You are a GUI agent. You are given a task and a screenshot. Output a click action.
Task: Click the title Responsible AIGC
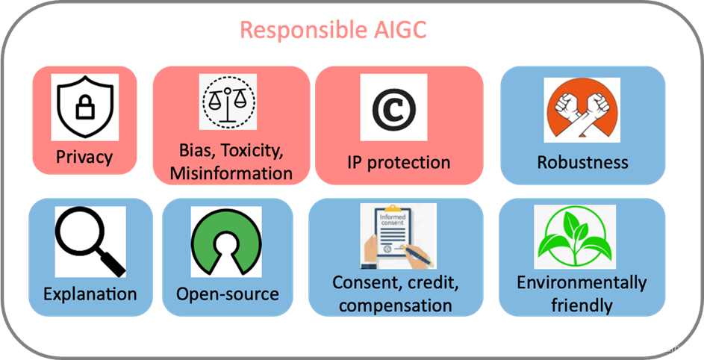333,31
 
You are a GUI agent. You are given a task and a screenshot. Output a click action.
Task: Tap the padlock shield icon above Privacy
84,108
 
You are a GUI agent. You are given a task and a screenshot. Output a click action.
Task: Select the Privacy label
84,157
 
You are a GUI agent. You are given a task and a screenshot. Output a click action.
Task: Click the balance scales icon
228,103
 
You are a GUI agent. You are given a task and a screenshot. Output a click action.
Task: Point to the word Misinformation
231,173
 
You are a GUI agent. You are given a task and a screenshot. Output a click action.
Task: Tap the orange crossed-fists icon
582,112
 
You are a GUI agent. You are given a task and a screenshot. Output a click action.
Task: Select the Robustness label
583,162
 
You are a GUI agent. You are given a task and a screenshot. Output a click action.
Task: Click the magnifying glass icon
90,240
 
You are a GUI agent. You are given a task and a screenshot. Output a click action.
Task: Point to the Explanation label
90,294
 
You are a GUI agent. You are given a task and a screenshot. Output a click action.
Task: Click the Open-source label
228,294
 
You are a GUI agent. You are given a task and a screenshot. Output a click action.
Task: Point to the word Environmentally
582,283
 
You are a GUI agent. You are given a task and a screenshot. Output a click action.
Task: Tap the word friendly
582,305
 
